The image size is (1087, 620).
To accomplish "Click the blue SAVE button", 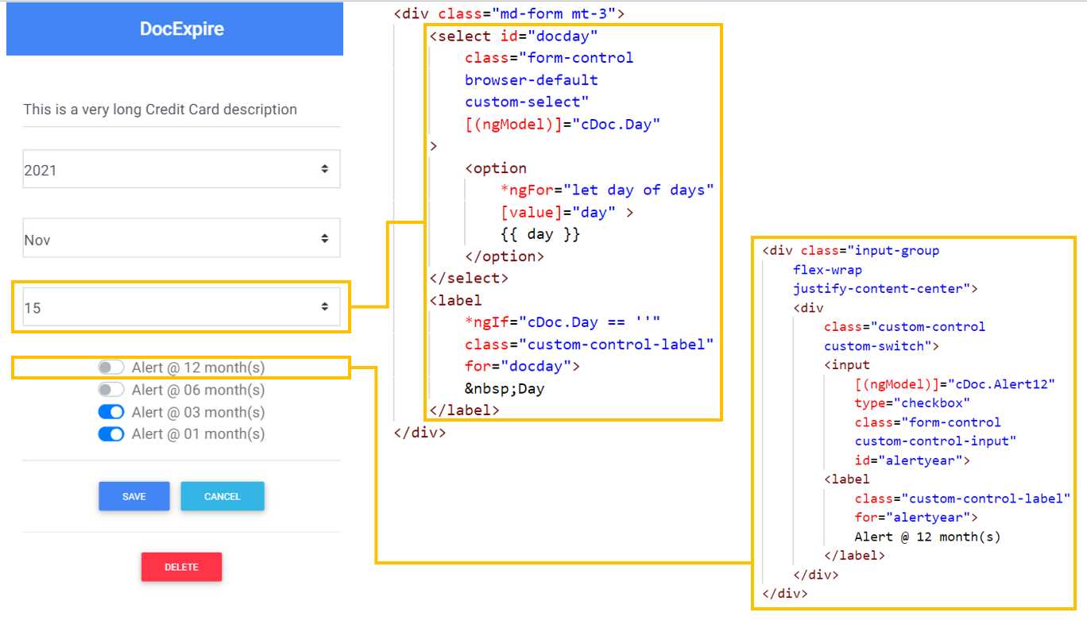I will [x=133, y=496].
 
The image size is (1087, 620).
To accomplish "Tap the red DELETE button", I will [x=181, y=567].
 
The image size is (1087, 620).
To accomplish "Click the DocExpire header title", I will [x=181, y=29].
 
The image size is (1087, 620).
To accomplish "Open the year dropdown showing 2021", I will [x=181, y=169].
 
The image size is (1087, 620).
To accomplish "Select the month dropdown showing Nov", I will [x=181, y=238].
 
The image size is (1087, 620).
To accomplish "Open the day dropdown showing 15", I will [x=181, y=307].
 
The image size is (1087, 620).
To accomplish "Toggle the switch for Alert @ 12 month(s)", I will [x=111, y=368].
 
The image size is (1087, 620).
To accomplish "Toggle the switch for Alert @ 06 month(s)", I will [x=111, y=390].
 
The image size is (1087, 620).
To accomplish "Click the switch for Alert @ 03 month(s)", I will [x=111, y=412].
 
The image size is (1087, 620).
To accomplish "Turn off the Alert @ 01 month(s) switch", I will [x=111, y=433].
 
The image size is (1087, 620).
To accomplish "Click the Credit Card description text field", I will [x=181, y=110].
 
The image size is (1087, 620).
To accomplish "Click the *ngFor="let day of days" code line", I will [x=607, y=190].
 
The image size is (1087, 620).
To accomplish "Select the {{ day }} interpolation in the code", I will [x=540, y=234].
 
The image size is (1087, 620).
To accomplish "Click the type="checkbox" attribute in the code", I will [x=912, y=402].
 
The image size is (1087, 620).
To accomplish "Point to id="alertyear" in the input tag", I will [x=912, y=460].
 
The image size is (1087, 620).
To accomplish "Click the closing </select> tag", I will [x=468, y=278].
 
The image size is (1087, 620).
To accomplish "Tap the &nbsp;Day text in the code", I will [x=505, y=388].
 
